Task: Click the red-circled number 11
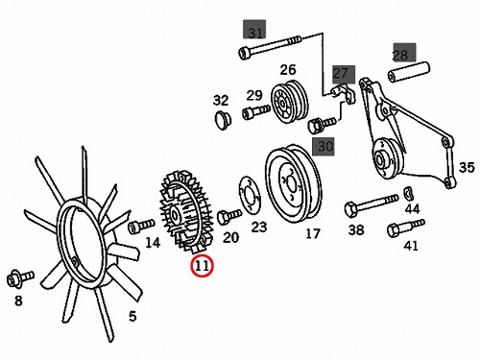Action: pos(202,266)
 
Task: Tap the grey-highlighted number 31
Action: pos(254,33)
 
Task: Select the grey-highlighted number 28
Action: pos(400,55)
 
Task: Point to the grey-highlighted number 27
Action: pos(340,74)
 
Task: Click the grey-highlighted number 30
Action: pos(325,146)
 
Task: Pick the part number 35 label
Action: pos(467,167)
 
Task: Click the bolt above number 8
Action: pos(20,278)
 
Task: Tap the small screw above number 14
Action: pos(141,226)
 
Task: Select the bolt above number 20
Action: pos(229,216)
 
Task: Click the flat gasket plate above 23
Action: pos(250,194)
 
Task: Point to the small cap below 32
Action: pos(223,121)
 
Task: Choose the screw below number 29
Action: pos(256,112)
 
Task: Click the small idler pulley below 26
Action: pos(290,102)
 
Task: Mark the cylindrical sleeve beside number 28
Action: pos(409,72)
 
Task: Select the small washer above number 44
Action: pos(409,193)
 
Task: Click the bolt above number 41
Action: pos(405,228)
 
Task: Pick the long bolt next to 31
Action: pos(271,47)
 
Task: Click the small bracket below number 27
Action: pos(343,93)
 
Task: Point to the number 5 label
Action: pos(132,316)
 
